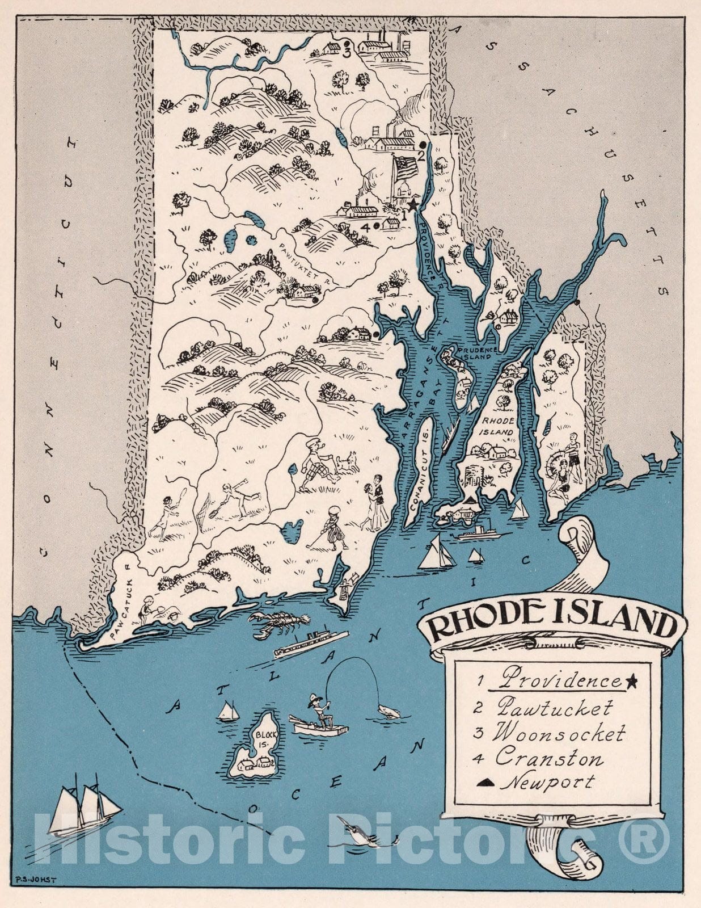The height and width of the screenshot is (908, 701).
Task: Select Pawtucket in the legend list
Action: click(555, 708)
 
